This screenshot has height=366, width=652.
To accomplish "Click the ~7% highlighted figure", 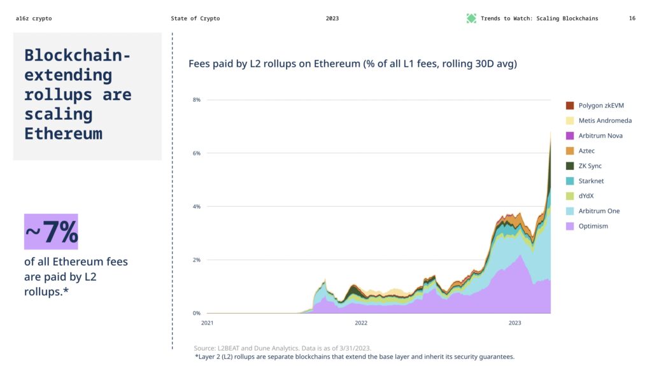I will tap(51, 232).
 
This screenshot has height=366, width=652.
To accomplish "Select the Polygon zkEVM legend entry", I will tap(601, 105).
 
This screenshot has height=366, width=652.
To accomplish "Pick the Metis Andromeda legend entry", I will tap(605, 120).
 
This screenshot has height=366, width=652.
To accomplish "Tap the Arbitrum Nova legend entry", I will tap(600, 136).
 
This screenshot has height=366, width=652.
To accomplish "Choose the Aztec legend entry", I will tap(586, 151).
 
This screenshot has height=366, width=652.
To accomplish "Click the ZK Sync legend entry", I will tap(590, 165).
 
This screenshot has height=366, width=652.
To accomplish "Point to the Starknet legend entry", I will tap(590, 181).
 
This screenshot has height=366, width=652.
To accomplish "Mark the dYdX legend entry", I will tap(586, 196).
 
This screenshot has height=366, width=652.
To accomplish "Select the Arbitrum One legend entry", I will tap(599, 211).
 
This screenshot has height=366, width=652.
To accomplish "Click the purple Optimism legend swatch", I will tap(570, 226).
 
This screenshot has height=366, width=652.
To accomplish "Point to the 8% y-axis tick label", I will tap(197, 100).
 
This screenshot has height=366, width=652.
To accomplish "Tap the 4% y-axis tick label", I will tap(197, 207).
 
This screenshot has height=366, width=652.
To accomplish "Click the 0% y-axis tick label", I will tap(197, 313).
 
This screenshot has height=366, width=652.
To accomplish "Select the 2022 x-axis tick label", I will tap(361, 323).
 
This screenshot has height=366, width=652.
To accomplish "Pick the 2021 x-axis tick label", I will tap(207, 323).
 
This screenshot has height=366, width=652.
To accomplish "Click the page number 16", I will tap(632, 18).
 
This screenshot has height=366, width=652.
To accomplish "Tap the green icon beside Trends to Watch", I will tap(471, 18).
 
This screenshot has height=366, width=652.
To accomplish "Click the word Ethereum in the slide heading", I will tap(63, 134).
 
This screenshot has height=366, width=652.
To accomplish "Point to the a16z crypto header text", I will tap(34, 18).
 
